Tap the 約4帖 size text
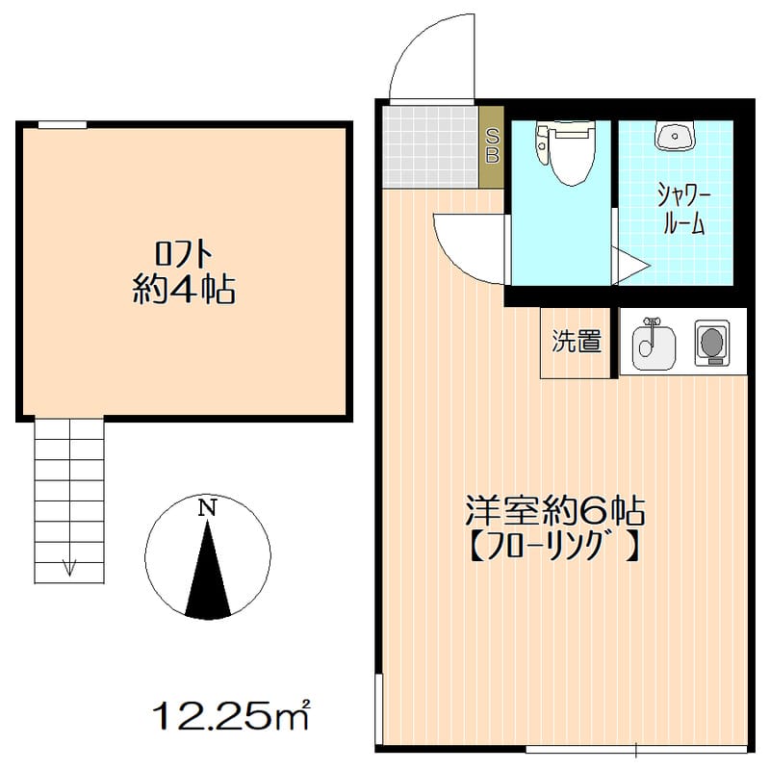(184, 290)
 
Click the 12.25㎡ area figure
(231, 715)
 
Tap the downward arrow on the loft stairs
(69, 567)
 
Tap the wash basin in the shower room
(676, 137)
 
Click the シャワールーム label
(682, 210)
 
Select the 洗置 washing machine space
(576, 342)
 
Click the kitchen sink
(651, 342)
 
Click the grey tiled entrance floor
(429, 145)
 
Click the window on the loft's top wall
(63, 123)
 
